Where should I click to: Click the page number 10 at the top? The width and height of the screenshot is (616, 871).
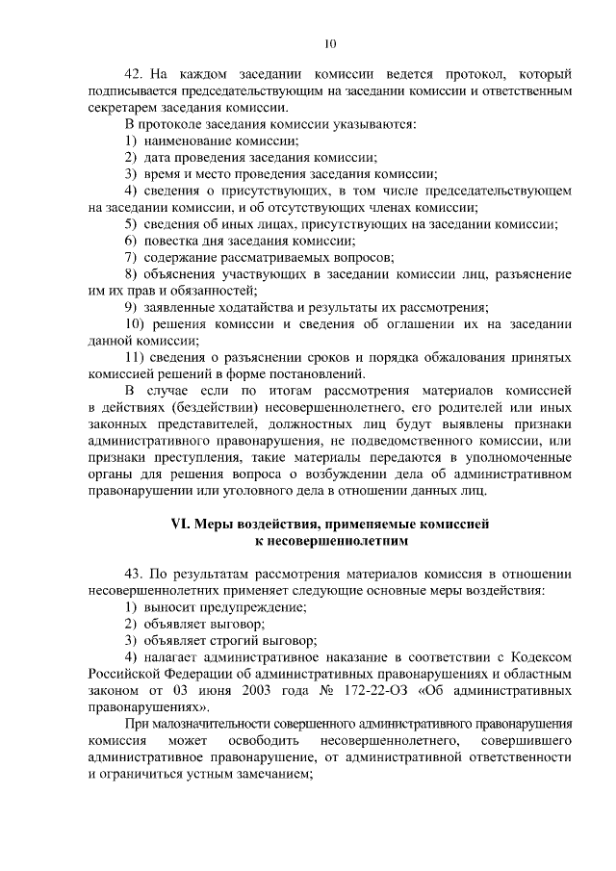point(330,43)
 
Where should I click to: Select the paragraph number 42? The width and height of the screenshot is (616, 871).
point(134,74)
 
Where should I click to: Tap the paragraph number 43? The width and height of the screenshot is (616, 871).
point(134,574)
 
